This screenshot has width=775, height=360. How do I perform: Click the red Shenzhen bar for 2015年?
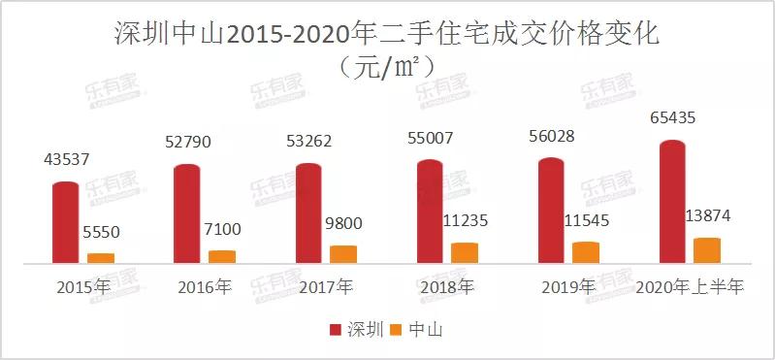[66, 222]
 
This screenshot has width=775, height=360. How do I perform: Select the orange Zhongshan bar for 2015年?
[101, 257]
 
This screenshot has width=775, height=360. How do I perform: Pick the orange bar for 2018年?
[465, 252]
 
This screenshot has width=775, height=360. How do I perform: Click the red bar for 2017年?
[308, 213]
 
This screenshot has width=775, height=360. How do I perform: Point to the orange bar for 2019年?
[586, 252]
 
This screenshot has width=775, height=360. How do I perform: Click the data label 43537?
[66, 159]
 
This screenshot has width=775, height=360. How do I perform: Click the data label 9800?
[342, 223]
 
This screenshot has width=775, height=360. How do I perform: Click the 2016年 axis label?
[206, 287]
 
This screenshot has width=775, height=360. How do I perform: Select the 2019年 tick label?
[568, 287]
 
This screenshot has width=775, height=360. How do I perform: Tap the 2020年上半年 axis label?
[690, 287]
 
